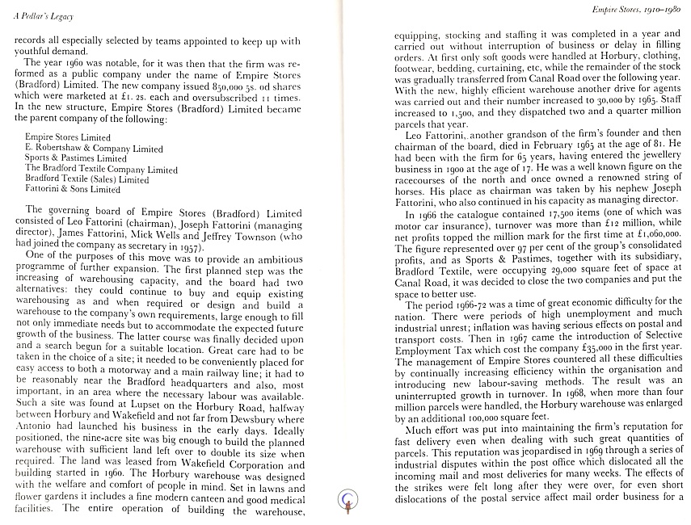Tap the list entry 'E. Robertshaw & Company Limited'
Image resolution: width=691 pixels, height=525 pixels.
click(94, 149)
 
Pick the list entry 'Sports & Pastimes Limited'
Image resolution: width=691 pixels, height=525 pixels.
click(76, 159)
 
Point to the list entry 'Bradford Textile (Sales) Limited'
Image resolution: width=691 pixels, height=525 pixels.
click(87, 180)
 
